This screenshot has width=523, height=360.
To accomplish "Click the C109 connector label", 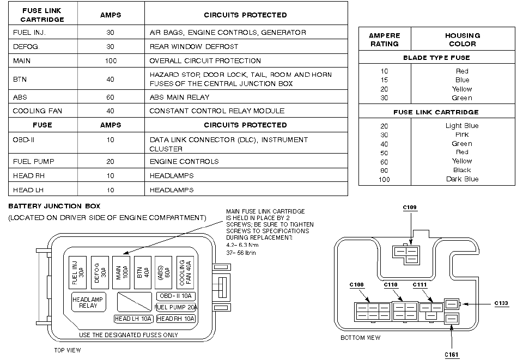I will coord(410,208).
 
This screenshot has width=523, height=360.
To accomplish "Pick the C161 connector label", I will coord(452,355).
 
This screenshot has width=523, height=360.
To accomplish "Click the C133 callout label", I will coord(501,304).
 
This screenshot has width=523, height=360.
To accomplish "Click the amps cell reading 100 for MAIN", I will coord(111,61).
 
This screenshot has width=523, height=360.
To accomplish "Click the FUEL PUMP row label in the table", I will coord(34,162).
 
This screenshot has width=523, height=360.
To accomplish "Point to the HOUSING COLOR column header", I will coord(462,40).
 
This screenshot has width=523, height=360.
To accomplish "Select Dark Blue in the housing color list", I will coord(462,179).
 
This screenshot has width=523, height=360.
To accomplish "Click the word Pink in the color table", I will coord(462,135).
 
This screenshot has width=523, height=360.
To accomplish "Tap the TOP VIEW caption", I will coord(68,350).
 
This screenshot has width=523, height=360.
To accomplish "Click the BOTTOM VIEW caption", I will coord(360,338).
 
